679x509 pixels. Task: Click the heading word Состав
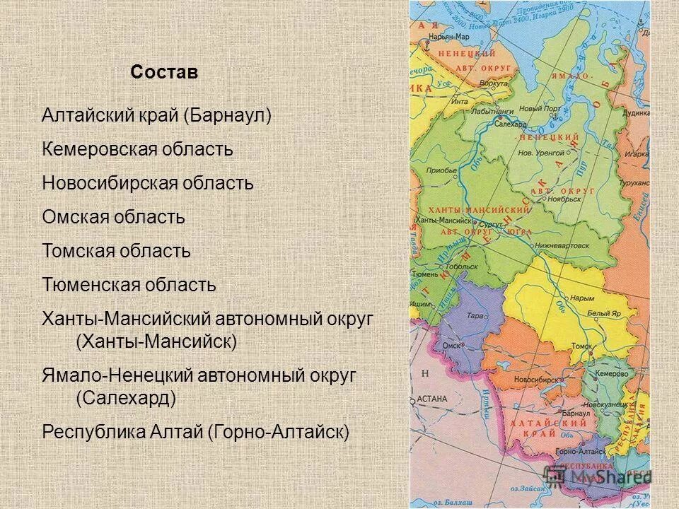164,73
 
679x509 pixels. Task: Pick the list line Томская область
116,251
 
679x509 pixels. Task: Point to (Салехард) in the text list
125,398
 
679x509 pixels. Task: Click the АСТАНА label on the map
431,399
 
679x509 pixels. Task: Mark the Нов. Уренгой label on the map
540,152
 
